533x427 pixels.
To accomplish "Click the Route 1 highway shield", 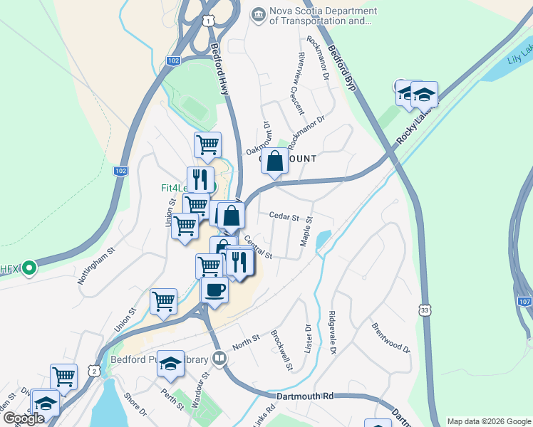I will (207, 21).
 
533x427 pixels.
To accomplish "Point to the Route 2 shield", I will (94, 371).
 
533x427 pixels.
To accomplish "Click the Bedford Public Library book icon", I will (220, 359).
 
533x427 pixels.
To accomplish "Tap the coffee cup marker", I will (214, 290).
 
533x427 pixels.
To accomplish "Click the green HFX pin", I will (29, 268).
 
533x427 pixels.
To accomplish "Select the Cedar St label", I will (284, 216).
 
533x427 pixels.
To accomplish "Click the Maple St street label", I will (307, 233).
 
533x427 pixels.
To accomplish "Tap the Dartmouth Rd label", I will (304, 395).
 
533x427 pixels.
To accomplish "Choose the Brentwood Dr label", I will (391, 338).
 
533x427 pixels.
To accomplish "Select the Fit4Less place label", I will (172, 189).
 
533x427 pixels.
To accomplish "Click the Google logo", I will (24, 418).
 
